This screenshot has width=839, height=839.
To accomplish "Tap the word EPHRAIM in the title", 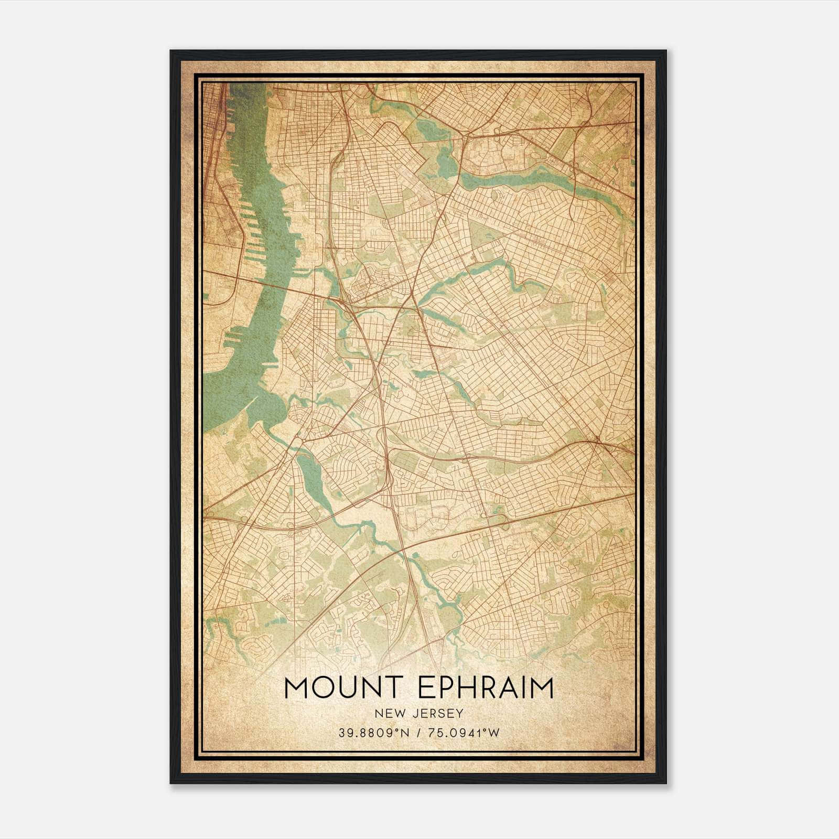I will coord(486,688).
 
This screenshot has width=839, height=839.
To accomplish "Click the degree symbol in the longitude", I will coord(487,730).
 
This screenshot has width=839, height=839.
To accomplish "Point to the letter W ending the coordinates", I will coord(494,733).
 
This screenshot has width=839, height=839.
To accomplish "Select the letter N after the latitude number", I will coord(403,733).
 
